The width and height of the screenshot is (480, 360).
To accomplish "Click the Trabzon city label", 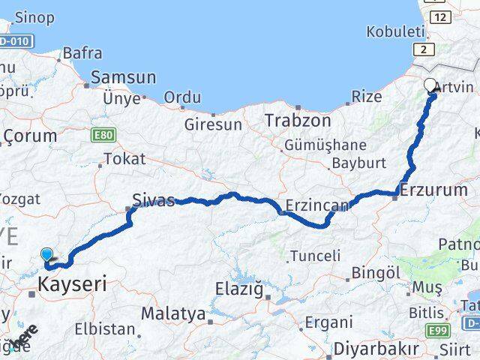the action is (x=296, y=120).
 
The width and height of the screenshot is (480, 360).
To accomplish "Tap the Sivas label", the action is (x=153, y=200).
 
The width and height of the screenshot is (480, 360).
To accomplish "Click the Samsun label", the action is (x=123, y=77).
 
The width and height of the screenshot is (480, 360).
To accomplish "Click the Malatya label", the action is (x=173, y=313).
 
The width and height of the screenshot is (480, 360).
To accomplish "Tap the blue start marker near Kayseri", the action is (x=46, y=254).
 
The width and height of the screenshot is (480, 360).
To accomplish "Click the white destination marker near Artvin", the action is (x=430, y=85).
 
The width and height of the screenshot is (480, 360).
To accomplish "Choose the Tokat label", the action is (x=124, y=159).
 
